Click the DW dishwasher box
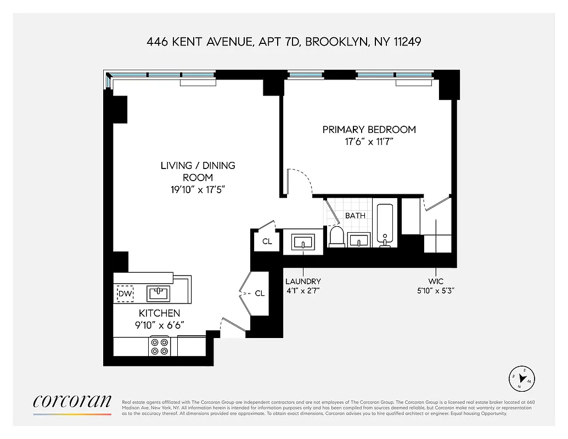[x=125, y=294]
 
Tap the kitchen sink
[x=159, y=293]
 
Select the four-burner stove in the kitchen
[x=159, y=346]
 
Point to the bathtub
[x=384, y=225]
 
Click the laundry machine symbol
[x=303, y=241]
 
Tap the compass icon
[x=522, y=378]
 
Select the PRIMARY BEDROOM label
[x=369, y=130]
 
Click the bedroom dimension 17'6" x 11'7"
[x=369, y=143]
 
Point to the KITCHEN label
[x=159, y=313]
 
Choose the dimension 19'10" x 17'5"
[x=198, y=190]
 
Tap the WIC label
[x=436, y=282]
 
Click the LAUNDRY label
[x=303, y=282]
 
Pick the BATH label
[x=355, y=216]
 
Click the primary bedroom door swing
[x=301, y=181]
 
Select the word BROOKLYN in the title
[x=336, y=42]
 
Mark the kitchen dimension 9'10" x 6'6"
[x=159, y=325]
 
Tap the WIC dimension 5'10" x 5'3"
[x=436, y=291]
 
